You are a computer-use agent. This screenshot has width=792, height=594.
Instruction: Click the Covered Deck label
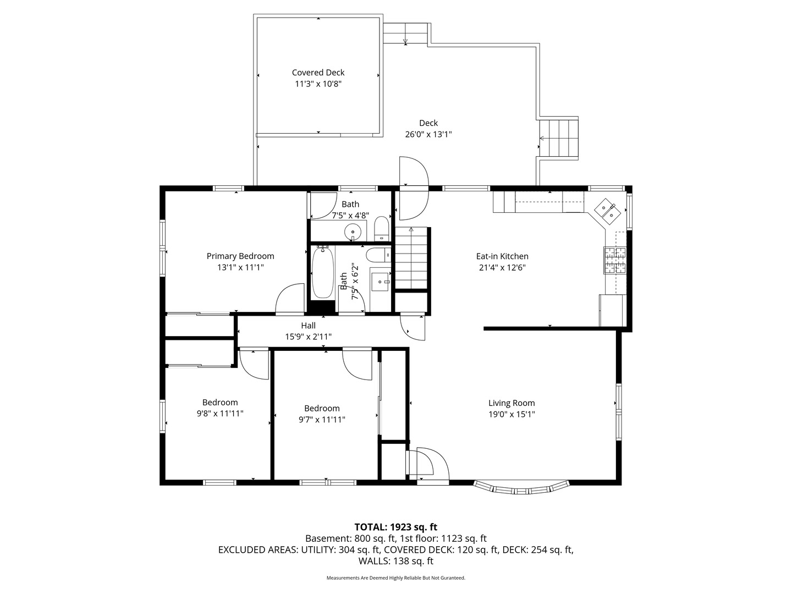click(318, 73)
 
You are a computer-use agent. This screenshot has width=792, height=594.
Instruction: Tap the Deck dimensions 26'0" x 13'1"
click(428, 135)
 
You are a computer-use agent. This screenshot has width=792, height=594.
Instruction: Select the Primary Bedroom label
click(240, 256)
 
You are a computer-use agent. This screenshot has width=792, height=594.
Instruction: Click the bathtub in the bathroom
click(323, 273)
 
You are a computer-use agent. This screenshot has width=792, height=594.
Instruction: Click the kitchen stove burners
click(615, 260)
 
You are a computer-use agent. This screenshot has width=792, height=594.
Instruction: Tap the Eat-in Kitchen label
click(502, 256)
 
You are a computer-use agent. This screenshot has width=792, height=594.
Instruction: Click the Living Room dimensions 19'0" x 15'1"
click(512, 414)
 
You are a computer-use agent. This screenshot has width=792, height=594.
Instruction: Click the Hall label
click(308, 325)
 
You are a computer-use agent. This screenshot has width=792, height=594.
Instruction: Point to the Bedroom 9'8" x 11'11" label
click(220, 408)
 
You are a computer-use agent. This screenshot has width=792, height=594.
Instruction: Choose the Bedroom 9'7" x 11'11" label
click(322, 414)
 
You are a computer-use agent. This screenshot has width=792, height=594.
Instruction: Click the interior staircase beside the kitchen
click(411, 258)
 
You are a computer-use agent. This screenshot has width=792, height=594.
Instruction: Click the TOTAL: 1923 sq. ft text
click(396, 527)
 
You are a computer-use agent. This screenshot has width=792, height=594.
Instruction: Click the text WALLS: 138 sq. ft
click(396, 561)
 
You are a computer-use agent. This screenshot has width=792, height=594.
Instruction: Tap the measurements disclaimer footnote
click(396, 577)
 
